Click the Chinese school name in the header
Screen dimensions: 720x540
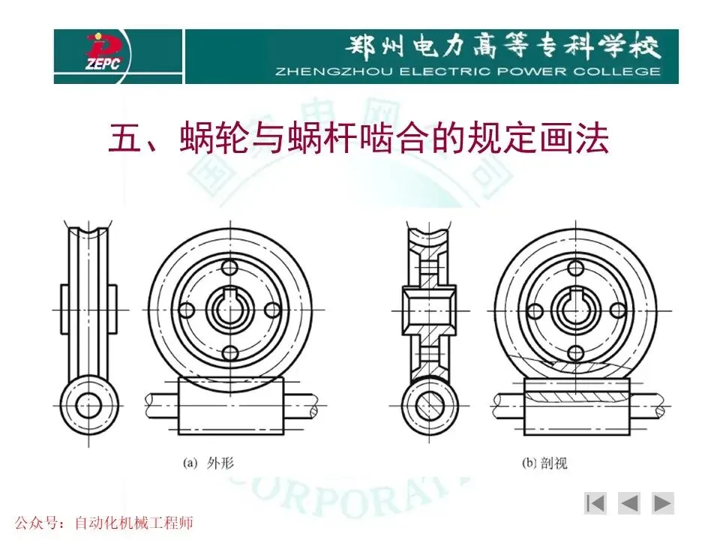pos(502,46)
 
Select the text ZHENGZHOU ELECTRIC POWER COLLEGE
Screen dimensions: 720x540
pos(468,72)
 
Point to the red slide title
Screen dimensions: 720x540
pos(358,137)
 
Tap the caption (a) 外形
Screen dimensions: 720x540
pos(208,463)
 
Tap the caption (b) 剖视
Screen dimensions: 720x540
pos(544,463)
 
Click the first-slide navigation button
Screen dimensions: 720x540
pos(595,503)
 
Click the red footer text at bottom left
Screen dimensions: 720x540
pos(104,523)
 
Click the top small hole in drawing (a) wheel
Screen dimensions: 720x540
pos(229,268)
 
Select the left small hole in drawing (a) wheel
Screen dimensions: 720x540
pos(187,310)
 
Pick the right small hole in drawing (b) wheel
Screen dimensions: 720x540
pos(618,310)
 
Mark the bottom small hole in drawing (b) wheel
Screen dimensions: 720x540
pos(576,353)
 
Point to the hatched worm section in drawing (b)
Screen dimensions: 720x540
pos(577,395)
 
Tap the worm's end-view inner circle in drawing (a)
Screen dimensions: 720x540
pos(88,406)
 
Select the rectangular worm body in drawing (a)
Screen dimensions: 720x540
pos(230,406)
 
